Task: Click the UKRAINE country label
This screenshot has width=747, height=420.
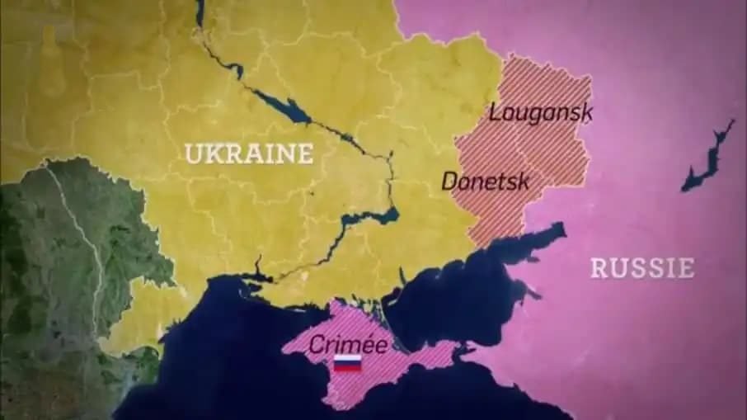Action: tap(248, 153)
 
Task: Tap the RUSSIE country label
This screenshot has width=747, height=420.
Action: tap(641, 267)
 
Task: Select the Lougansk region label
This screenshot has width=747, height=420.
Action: tap(541, 113)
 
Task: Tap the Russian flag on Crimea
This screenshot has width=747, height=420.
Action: tap(347, 364)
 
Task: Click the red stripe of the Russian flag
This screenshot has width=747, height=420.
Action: tap(347, 369)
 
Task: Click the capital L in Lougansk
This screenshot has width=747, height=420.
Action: tap(496, 113)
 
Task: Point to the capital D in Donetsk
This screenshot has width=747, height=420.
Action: tap(449, 181)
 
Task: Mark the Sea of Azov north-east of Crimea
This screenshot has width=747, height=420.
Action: tap(495, 264)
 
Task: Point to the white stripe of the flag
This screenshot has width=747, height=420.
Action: tap(347, 360)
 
